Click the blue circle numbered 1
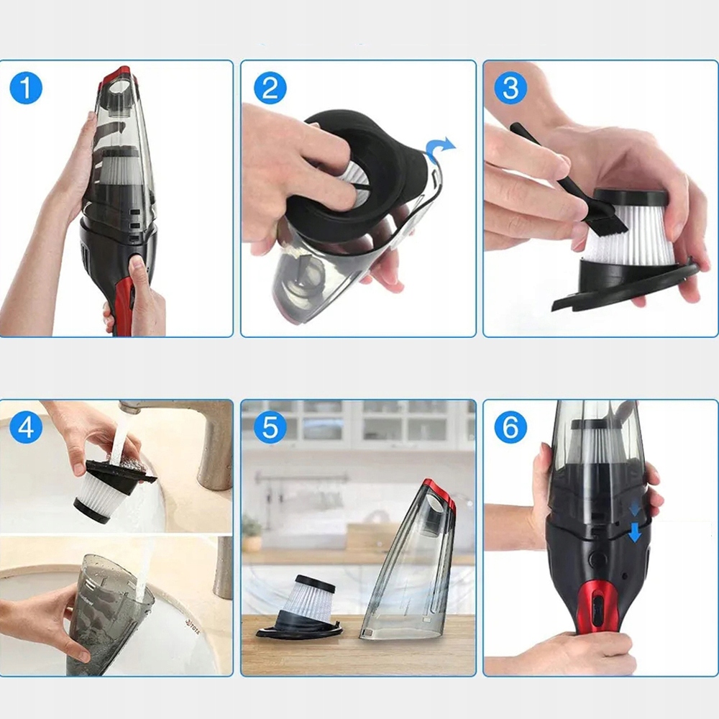26,88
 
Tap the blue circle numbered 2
270,88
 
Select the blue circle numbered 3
510,88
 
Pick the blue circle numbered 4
26,427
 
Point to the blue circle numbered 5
270,427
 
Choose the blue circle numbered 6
510,427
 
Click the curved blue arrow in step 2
439,147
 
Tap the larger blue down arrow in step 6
635,533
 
